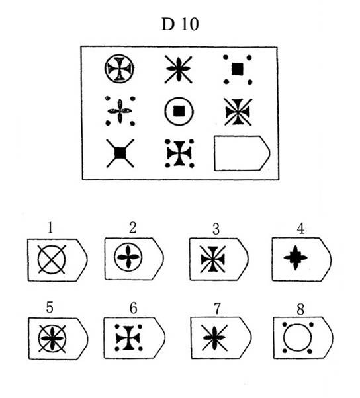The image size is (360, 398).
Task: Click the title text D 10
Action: pos(180,24)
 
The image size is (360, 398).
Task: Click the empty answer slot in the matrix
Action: pos(242,153)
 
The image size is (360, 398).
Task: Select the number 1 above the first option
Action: pos(50,227)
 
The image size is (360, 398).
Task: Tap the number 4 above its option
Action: pos(300,229)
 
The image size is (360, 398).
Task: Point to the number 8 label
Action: pos(300,309)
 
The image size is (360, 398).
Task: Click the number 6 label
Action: pos(134,308)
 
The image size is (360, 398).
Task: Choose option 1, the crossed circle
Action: pos(52,260)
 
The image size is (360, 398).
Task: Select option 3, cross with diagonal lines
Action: pos(212,259)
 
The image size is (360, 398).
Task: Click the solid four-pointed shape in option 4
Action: pos(295,258)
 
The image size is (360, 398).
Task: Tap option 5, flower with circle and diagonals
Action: pos(52,338)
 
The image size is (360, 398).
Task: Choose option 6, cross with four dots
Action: pos(128,338)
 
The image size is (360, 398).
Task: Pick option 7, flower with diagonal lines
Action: pos(214,338)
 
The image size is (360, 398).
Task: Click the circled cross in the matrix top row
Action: pos(119,69)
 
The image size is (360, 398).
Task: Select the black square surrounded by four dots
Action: pos(238,69)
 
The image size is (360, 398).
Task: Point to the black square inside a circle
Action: pos(179,111)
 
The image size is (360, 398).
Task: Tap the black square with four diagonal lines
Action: pos(120,153)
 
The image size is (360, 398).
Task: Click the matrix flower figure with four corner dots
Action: pos(120,111)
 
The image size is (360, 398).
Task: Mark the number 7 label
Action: pos(217,309)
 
